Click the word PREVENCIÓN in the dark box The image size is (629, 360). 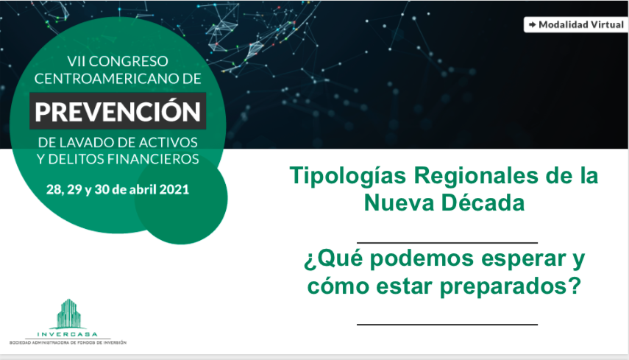tap(118, 111)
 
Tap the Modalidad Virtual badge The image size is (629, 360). tap(576, 25)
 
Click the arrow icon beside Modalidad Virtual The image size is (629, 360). tap(533, 25)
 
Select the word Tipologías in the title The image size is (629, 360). tap(348, 176)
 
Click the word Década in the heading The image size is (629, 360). tap(483, 202)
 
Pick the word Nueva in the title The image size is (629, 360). tap(399, 202)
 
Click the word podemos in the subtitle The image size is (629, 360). tap(422, 260)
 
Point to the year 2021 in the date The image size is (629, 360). tap(174, 189)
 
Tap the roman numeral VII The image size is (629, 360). tap(76, 61)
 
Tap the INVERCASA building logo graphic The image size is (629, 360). tap(68, 314)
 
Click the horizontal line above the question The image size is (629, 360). tap(447, 243)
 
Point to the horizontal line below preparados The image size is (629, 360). tap(447, 324)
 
